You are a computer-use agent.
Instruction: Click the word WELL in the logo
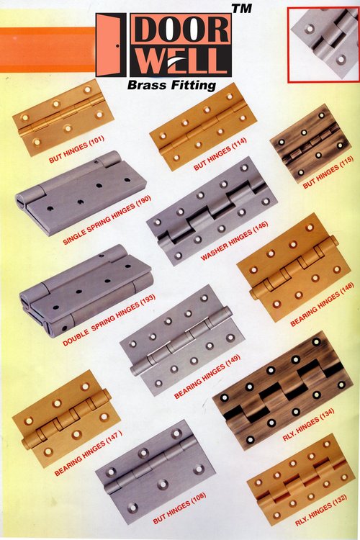point(179,61)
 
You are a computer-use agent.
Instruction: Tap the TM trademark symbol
point(242,8)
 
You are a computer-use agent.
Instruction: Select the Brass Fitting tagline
point(171,85)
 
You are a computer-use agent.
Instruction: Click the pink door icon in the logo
point(111,45)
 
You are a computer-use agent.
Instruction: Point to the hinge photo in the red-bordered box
point(324,43)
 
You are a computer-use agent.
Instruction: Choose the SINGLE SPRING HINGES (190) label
point(107,220)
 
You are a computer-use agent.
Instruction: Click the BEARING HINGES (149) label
point(207,377)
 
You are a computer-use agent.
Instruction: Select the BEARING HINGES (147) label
point(88,452)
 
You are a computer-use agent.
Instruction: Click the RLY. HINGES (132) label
point(320,510)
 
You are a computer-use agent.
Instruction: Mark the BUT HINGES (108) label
point(179,508)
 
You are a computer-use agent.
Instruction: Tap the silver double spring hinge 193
point(86,291)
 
